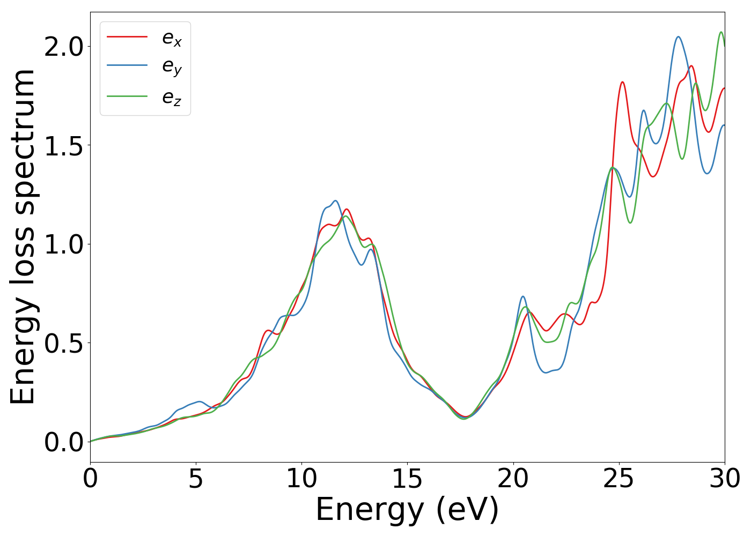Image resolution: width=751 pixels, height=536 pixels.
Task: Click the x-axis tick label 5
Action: (x=196, y=479)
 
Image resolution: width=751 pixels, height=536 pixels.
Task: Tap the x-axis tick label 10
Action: (x=301, y=479)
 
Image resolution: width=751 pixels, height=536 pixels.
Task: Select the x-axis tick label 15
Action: (x=407, y=479)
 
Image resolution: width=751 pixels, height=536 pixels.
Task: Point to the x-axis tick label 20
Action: (x=513, y=479)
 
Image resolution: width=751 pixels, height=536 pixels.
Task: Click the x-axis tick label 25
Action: (x=619, y=479)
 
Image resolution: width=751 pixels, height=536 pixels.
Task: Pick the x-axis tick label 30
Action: (x=725, y=479)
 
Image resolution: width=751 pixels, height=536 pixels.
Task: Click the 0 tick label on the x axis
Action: (x=90, y=479)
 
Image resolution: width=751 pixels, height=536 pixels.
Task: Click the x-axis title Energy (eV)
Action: (x=407, y=510)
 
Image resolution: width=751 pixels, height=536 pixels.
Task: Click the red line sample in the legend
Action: (x=127, y=36)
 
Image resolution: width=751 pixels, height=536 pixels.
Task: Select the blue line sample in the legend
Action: (x=127, y=65)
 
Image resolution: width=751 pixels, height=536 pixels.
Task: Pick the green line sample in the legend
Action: (x=127, y=96)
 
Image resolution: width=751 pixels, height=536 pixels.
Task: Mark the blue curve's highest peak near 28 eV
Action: (x=679, y=37)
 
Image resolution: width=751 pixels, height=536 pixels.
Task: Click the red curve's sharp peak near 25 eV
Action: (x=622, y=82)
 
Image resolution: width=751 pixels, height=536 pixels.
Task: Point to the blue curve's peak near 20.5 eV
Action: (x=522, y=296)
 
